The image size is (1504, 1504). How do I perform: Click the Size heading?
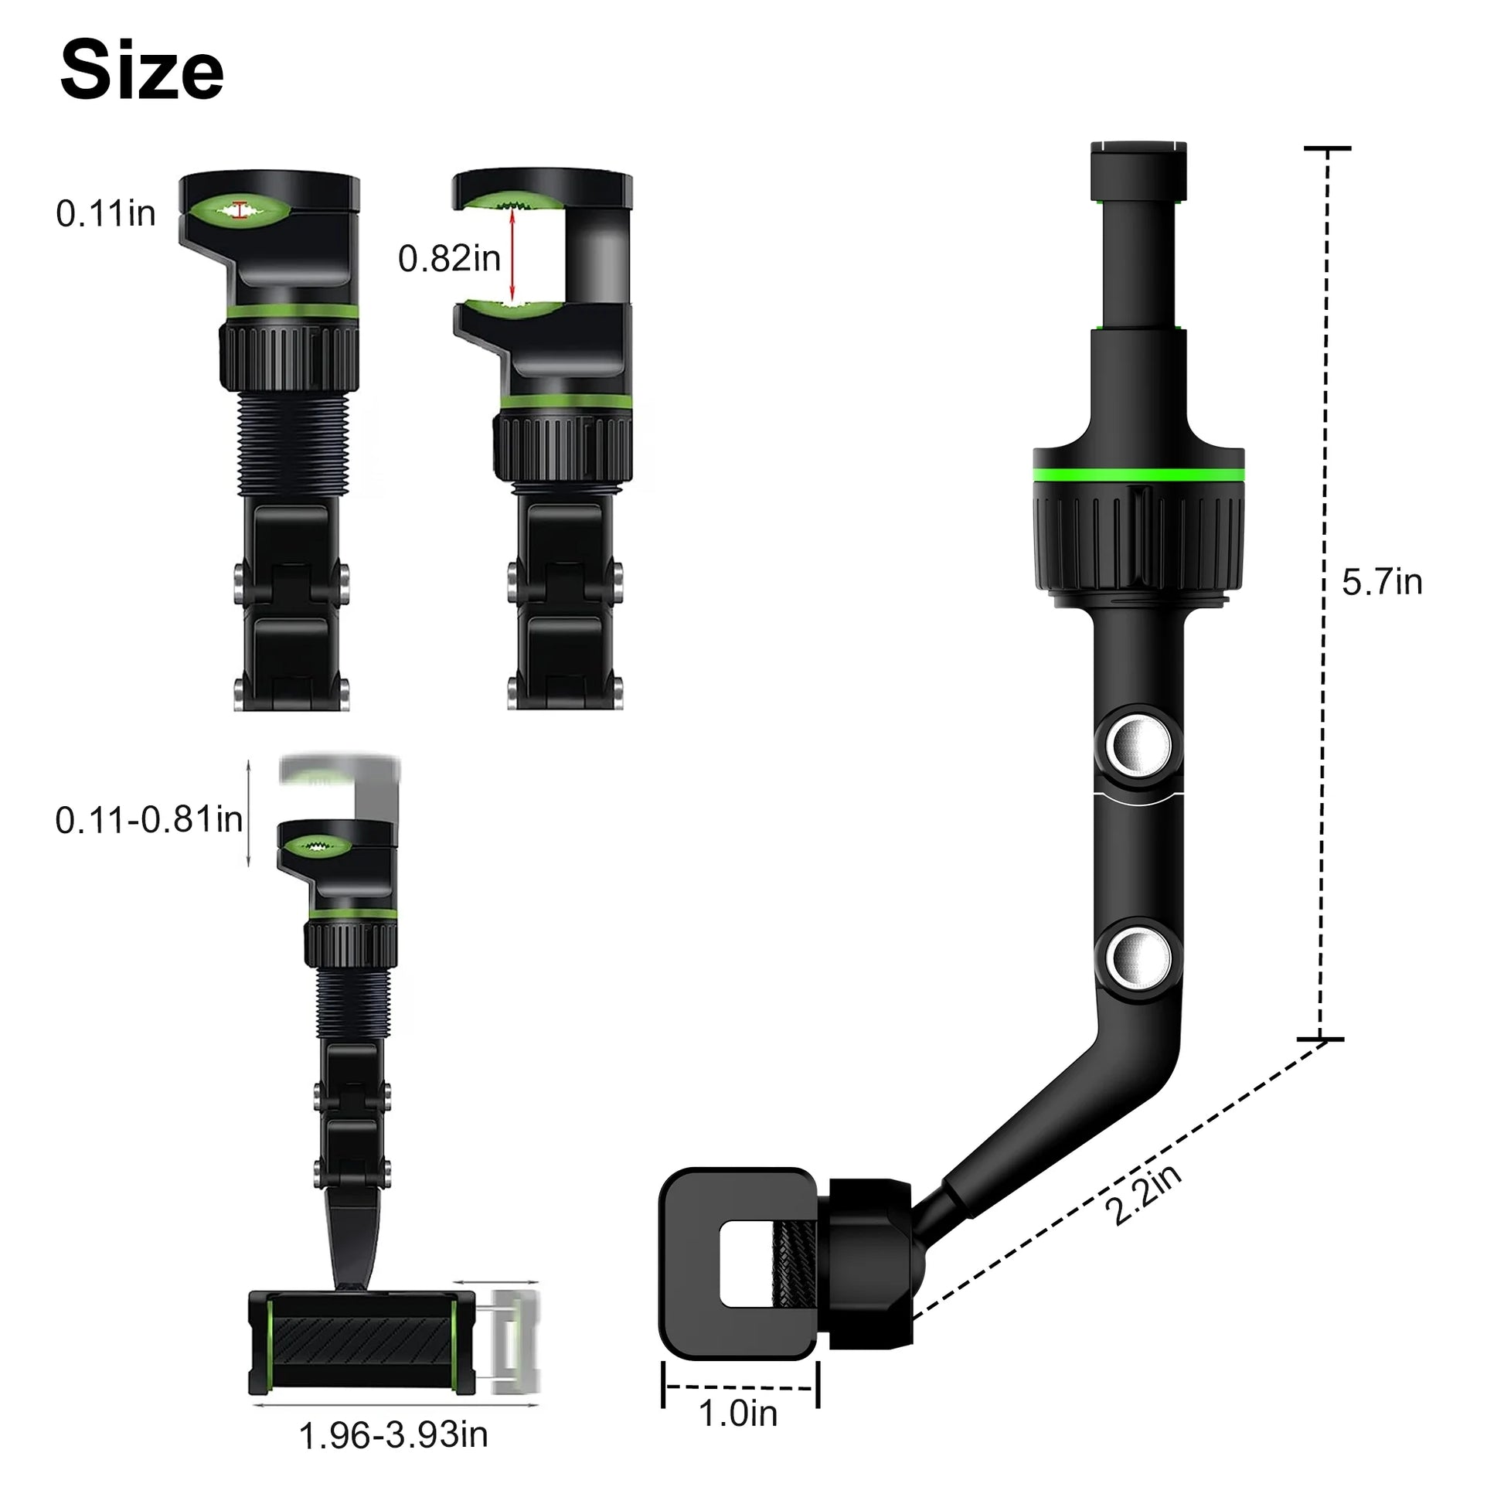141,71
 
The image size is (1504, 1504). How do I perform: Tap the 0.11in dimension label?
105,213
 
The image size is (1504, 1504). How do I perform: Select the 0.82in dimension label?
448,258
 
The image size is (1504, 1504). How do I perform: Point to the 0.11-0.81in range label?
148,820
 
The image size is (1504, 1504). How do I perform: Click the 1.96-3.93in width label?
393,1435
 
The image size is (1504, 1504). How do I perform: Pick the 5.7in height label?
1382,582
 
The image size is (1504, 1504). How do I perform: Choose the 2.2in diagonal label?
1143,1194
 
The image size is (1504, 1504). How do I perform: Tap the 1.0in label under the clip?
737,1413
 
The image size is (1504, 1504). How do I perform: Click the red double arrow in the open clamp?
512,257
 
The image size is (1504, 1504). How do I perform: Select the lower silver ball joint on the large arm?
1138,959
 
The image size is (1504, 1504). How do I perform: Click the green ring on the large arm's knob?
1138,475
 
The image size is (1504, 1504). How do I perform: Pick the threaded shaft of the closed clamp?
291,442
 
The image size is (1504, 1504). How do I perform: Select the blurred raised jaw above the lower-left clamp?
339,771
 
